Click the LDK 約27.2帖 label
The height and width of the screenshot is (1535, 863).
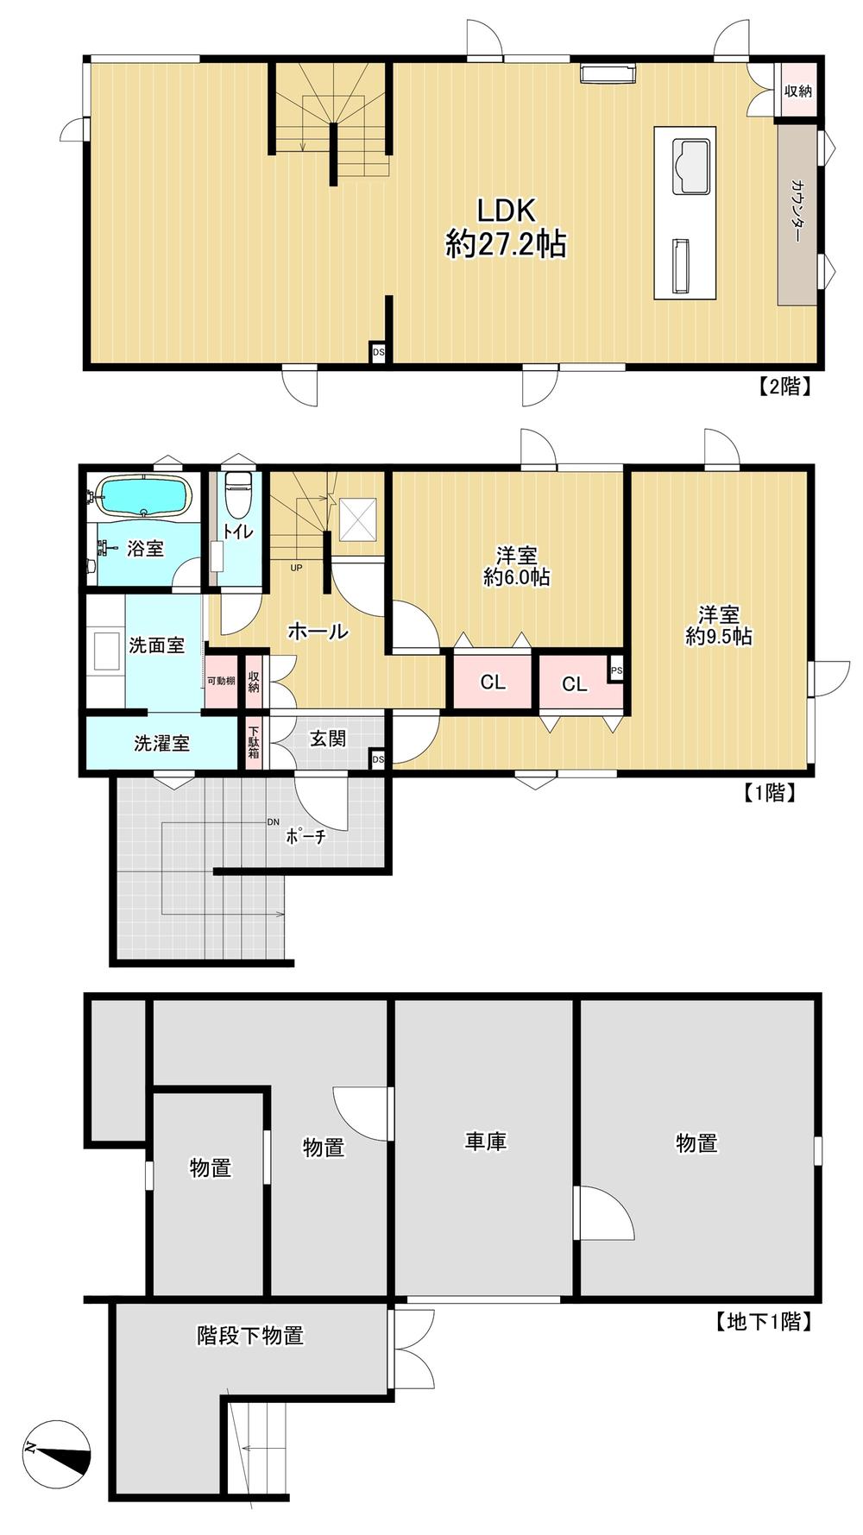pos(506,228)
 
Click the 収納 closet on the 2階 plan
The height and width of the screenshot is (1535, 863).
pos(798,91)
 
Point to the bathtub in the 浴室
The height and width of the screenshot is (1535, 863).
pos(143,497)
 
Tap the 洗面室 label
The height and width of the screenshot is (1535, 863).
pos(156,645)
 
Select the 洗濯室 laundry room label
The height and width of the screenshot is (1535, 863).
pos(161,743)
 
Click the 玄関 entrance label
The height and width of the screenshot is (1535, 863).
pos(328,739)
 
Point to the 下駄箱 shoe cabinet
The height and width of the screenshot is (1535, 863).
pos(254,741)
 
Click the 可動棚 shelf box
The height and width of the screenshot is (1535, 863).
pos(221,681)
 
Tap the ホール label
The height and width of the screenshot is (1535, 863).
pos(317,632)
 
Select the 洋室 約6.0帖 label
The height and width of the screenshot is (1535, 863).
pos(516,566)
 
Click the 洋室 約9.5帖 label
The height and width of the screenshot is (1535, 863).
pos(718,626)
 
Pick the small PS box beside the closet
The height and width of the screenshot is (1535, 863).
pos(616,670)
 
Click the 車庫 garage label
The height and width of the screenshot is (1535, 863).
pos(486,1142)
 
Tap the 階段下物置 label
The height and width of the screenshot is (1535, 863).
pos(250,1336)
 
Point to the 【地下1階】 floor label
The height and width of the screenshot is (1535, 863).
pos(764,1321)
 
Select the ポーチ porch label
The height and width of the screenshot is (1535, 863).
pos(306,835)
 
